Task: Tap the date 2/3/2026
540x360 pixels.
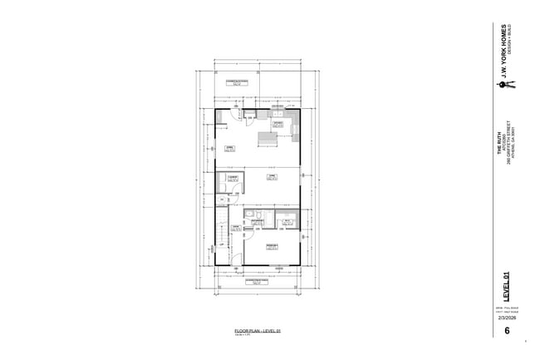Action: click(x=507, y=318)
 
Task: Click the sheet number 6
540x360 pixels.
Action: click(x=507, y=332)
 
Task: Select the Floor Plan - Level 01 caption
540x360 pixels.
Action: click(x=258, y=331)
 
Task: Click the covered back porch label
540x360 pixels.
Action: click(x=238, y=81)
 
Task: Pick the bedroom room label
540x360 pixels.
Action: click(x=271, y=246)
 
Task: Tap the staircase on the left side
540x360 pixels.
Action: click(x=221, y=237)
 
